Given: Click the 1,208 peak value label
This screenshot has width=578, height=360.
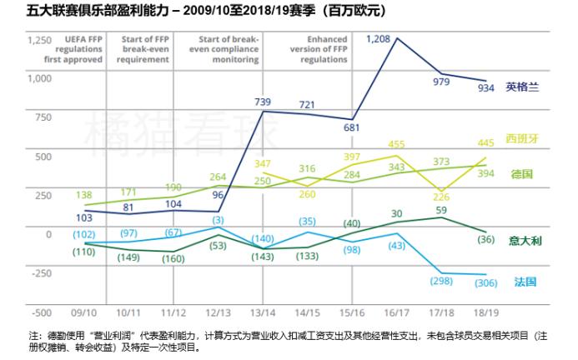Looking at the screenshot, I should (379, 39).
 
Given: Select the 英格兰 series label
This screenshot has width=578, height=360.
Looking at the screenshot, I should (524, 86).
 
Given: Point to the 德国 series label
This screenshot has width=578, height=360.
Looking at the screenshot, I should (522, 174).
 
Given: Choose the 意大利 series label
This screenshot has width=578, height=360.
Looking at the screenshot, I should (525, 240).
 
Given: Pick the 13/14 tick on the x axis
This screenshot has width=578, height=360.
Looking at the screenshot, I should (264, 313).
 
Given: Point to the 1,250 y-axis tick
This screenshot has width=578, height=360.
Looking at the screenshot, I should (39, 40).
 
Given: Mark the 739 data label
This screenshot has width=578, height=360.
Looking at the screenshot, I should (264, 101).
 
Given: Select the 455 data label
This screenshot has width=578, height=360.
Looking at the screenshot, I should (396, 144).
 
